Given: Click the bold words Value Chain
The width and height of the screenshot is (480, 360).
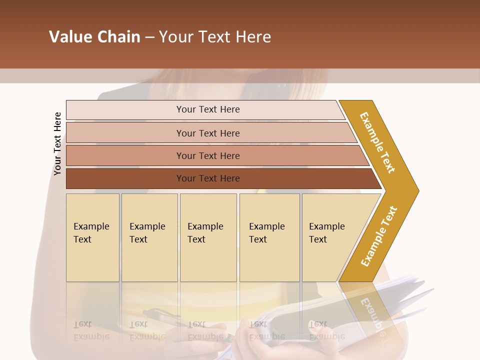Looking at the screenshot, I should [x=94, y=37].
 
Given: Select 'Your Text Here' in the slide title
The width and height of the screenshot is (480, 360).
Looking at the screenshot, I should [x=215, y=37].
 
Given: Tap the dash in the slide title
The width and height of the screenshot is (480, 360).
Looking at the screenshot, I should [x=149, y=37].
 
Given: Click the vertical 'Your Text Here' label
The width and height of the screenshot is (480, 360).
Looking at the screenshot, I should [x=57, y=144].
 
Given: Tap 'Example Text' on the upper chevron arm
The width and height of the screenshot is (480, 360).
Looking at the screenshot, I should [x=377, y=142].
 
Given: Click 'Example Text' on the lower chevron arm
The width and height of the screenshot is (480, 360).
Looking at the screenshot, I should [x=379, y=236].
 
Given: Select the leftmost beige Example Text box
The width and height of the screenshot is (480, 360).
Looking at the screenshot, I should [x=92, y=237].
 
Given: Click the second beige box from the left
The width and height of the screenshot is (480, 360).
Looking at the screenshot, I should [x=149, y=237].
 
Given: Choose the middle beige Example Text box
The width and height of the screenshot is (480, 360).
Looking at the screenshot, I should [x=208, y=237].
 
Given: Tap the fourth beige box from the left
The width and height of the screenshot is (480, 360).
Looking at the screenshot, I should [x=269, y=237].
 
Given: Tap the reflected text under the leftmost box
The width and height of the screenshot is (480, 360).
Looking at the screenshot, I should [x=91, y=330].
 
